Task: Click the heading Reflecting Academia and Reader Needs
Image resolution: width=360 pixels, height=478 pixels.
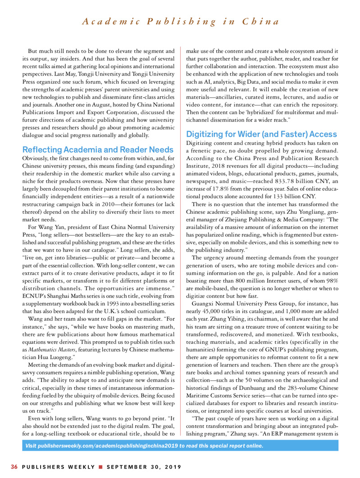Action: pyautogui.click(x=98, y=149)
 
